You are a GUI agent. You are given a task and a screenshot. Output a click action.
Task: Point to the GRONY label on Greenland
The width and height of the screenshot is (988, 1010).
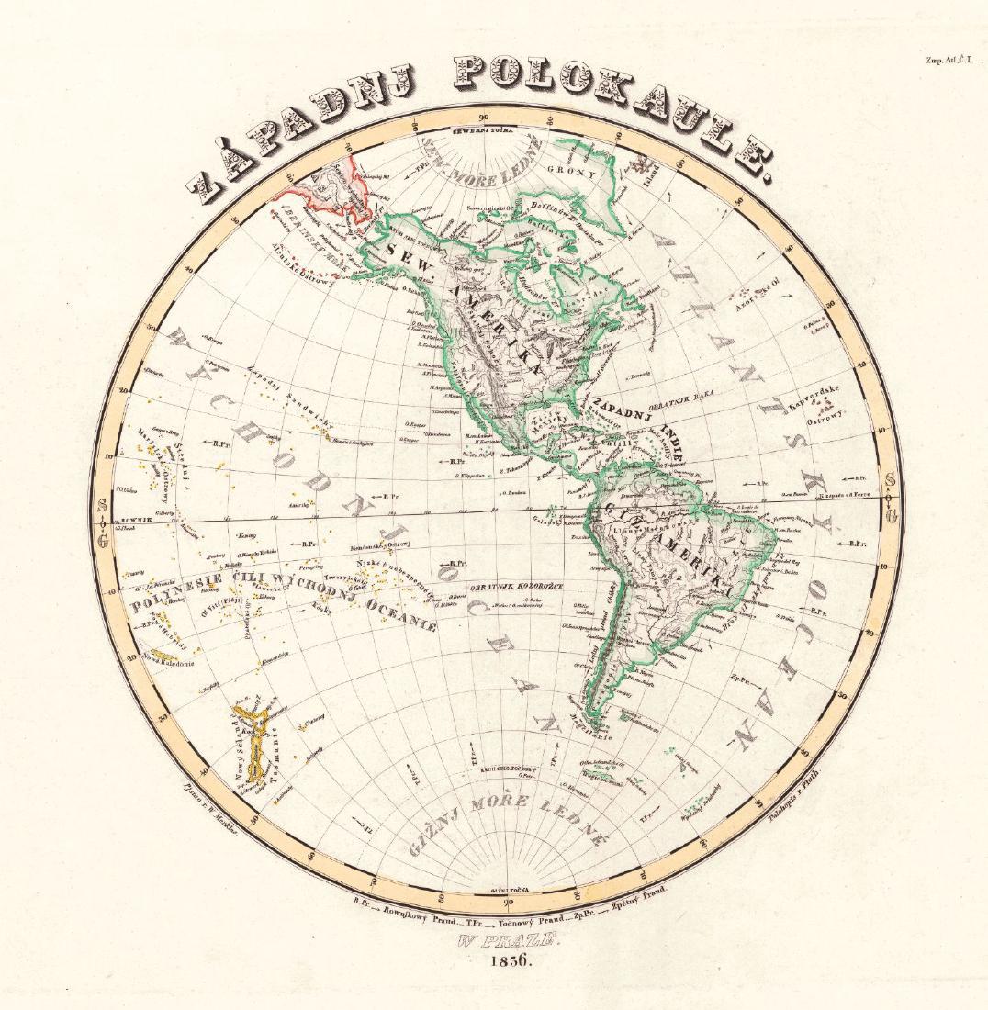(x=571, y=172)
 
